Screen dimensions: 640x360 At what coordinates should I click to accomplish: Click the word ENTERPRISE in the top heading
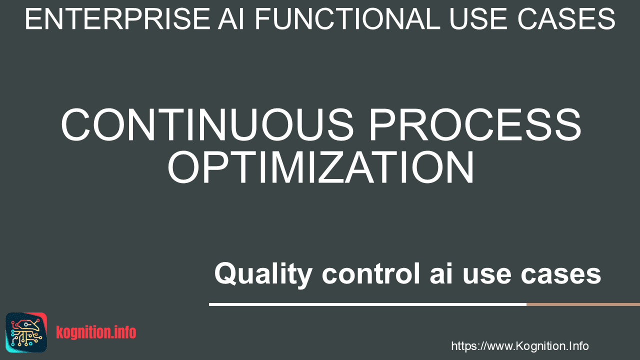[x=117, y=19]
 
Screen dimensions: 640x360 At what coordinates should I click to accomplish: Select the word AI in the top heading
[x=231, y=19]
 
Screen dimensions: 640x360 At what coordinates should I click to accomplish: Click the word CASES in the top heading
[x=566, y=19]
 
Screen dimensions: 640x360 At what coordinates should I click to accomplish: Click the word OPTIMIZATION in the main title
[x=320, y=167]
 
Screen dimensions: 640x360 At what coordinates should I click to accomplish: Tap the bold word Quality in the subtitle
[x=263, y=274]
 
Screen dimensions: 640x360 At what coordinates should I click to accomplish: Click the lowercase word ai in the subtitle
[x=441, y=273]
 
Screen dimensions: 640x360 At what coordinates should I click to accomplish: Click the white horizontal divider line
[x=367, y=304]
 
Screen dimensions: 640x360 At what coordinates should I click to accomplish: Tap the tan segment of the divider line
[x=583, y=304]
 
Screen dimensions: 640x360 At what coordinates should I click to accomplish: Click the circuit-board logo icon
[x=26, y=332]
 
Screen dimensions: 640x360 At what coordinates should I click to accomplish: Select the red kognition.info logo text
[x=96, y=332]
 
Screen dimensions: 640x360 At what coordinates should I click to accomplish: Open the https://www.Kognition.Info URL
[x=520, y=346]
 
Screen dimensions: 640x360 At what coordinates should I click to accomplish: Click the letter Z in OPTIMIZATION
[x=332, y=167]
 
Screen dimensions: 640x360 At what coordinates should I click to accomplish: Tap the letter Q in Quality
[x=225, y=273]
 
